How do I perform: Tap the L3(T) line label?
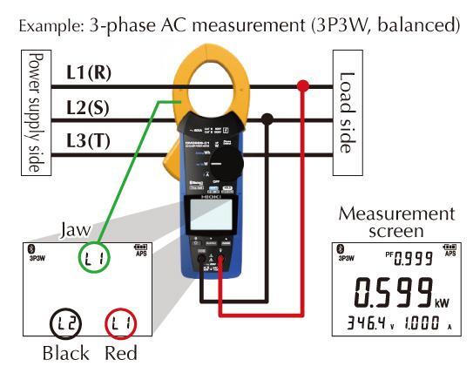click(88, 139)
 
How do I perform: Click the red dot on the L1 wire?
click(303, 85)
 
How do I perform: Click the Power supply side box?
click(35, 111)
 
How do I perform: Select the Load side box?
click(346, 112)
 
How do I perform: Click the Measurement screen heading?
click(396, 221)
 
